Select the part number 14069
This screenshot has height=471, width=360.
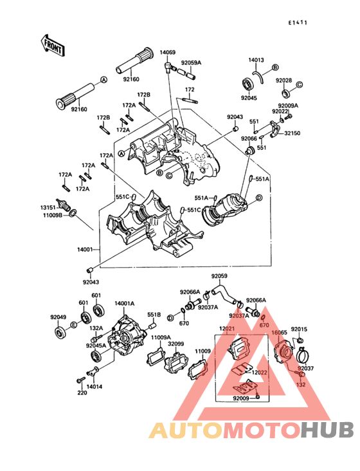(168, 51)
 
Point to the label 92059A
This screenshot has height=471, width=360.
(191, 63)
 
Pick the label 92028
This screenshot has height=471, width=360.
(284, 80)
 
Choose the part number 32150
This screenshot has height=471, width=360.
(292, 133)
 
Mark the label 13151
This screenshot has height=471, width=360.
(49, 208)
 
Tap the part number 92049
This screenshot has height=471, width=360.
(59, 317)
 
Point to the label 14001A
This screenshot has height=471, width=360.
(124, 303)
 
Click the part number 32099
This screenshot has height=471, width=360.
(177, 344)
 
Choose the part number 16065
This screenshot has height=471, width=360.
(279, 333)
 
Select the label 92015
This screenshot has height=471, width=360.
(299, 329)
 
